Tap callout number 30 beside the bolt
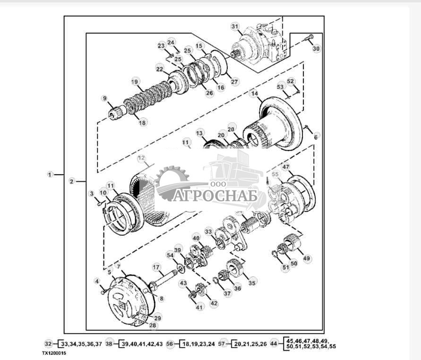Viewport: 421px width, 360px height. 316,48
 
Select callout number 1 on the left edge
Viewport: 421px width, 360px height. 50,175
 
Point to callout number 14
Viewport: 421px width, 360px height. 255,94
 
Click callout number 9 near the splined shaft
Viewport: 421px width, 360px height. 104,98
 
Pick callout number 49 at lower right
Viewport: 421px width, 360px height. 307,258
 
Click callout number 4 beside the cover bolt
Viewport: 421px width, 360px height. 97,281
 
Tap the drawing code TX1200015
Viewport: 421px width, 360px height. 54,353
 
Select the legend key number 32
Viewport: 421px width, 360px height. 48,344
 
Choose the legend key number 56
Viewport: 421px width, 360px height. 171,344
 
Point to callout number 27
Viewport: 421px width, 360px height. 234,81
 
